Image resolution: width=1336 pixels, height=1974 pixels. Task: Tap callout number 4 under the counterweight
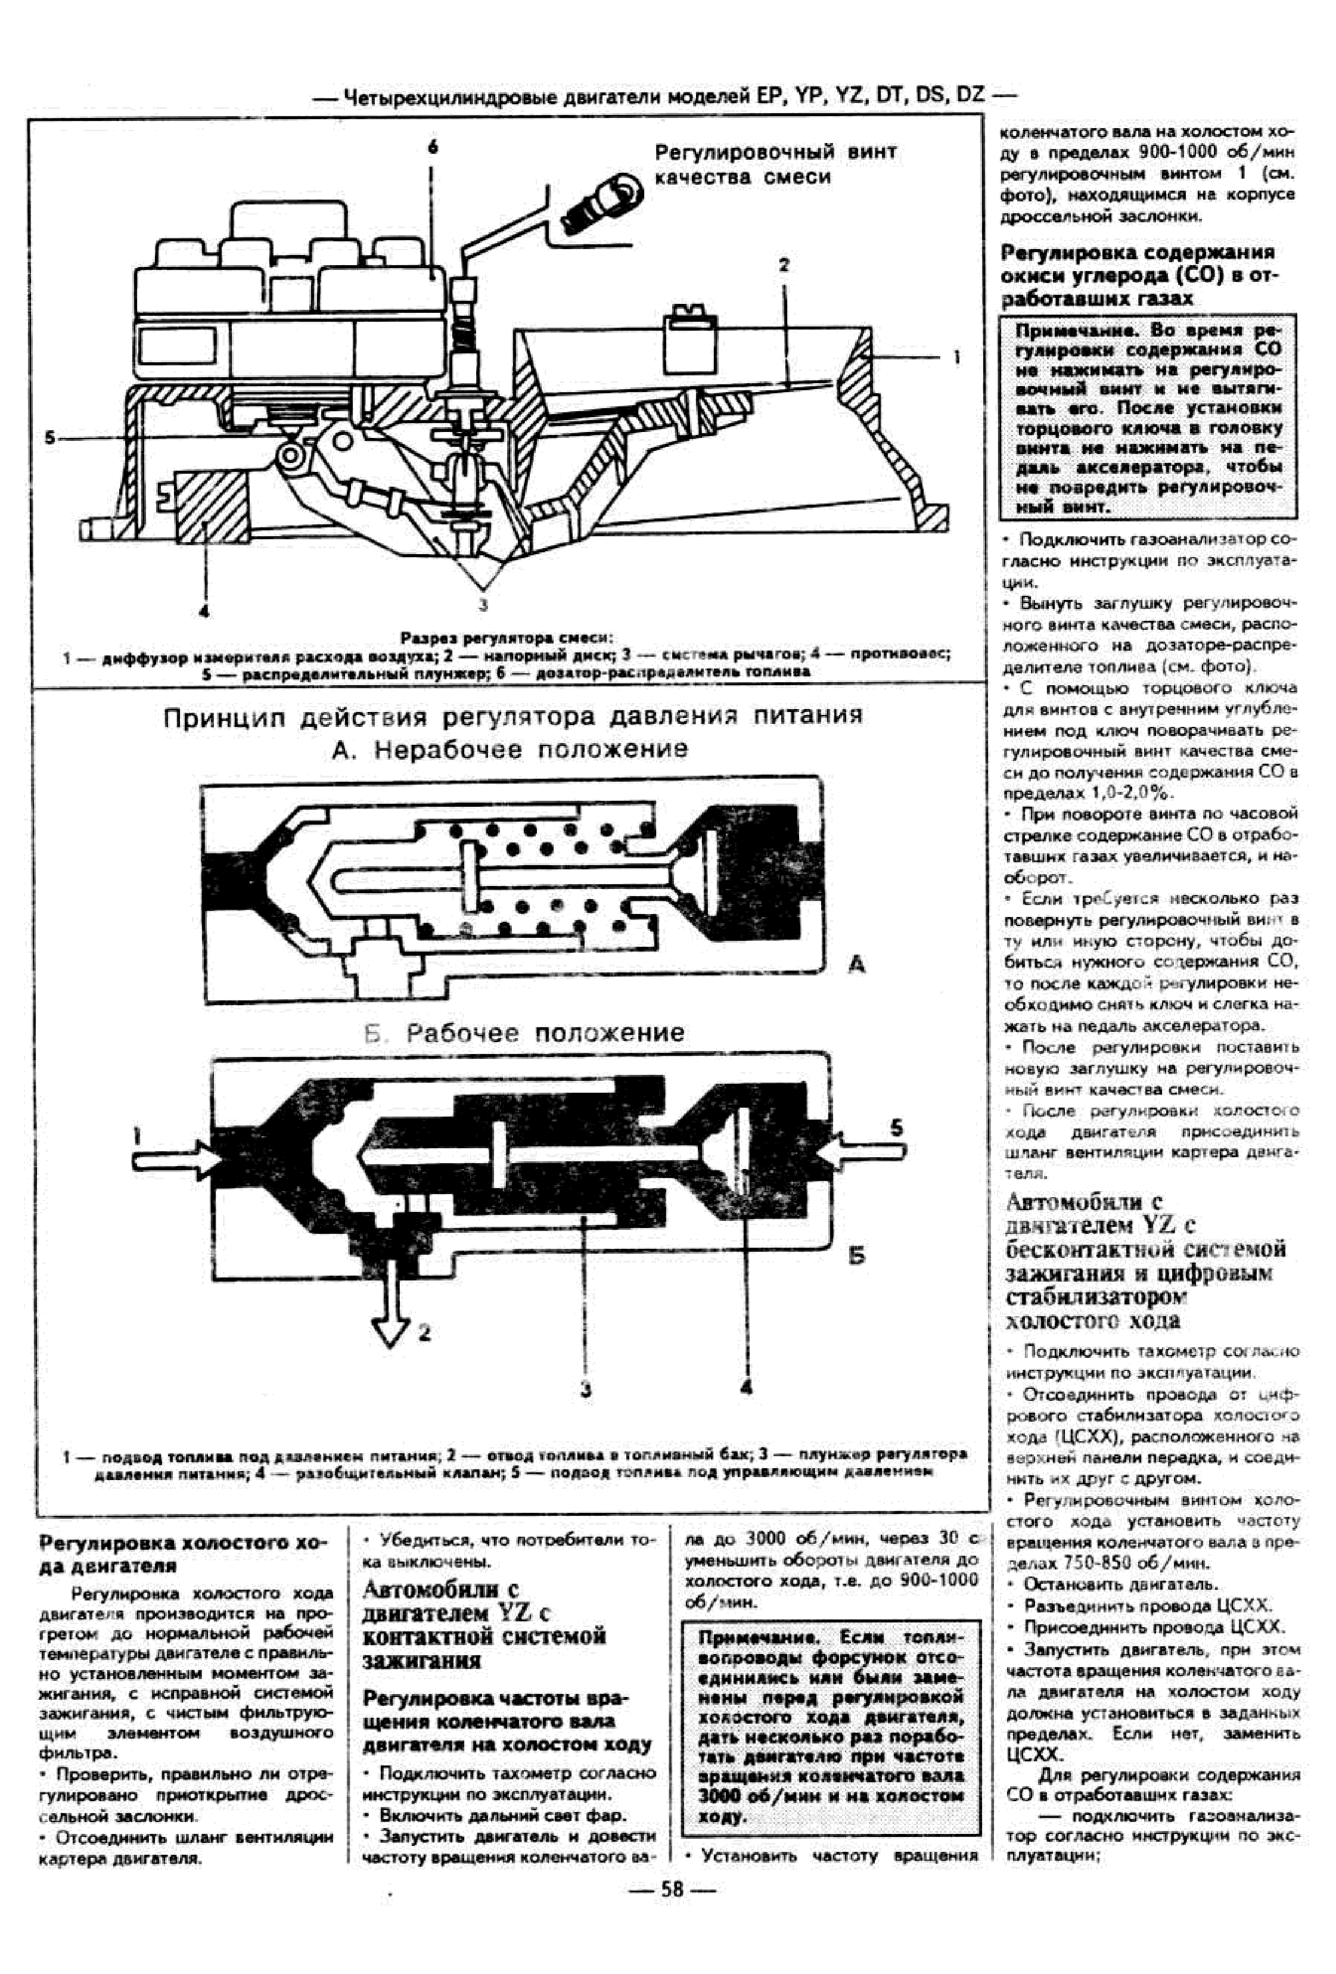point(204,610)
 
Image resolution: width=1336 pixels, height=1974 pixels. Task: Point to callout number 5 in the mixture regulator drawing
point(50,439)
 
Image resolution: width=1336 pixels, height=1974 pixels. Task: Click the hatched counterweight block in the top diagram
point(210,506)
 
